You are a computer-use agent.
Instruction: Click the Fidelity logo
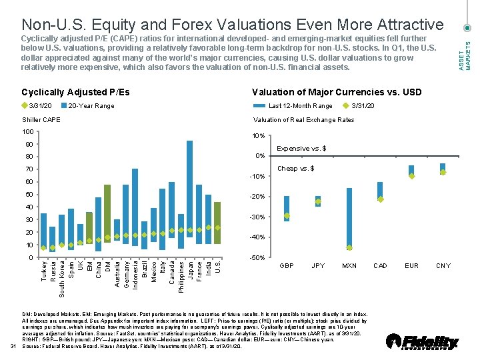tap(422, 341)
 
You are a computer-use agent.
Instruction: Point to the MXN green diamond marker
tap(349, 247)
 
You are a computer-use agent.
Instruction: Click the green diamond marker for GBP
tap(287, 215)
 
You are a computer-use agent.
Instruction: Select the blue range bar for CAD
tap(380, 190)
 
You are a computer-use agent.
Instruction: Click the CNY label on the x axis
tap(443, 266)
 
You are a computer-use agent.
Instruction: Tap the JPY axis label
tap(318, 266)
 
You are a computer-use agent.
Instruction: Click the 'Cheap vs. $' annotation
tap(295, 168)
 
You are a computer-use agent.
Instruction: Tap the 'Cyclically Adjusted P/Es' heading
tap(75, 92)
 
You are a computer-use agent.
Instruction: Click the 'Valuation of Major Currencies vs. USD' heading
tap(336, 92)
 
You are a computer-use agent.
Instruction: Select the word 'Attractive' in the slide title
tap(409, 25)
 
